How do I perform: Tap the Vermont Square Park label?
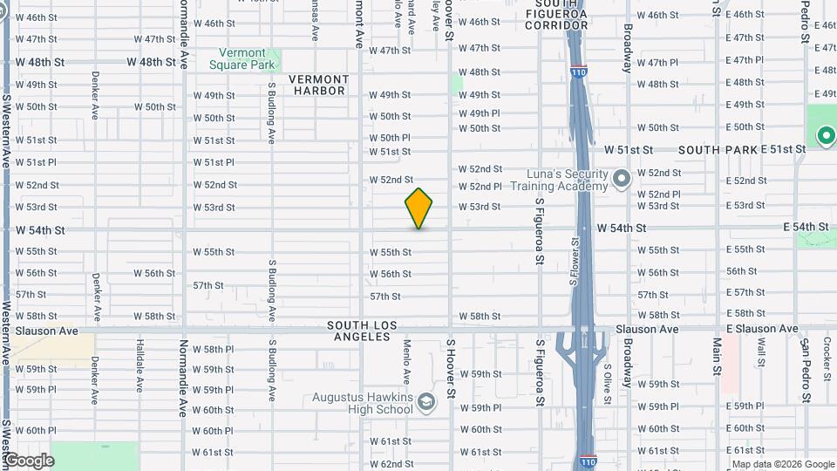pyautogui.click(x=248, y=58)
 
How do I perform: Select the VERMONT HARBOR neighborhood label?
pyautogui.click(x=320, y=85)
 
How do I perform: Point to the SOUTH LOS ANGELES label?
pyautogui.click(x=362, y=331)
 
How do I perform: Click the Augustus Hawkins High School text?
pyautogui.click(x=363, y=402)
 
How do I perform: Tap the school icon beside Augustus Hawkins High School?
pyautogui.click(x=425, y=402)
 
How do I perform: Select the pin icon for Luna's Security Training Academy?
pyautogui.click(x=621, y=180)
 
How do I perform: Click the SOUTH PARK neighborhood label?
pyautogui.click(x=718, y=150)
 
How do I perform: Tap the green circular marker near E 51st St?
pyautogui.click(x=825, y=136)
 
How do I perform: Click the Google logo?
pyautogui.click(x=28, y=460)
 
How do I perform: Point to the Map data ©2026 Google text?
pyautogui.click(x=783, y=464)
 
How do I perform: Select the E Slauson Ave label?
pyautogui.click(x=761, y=329)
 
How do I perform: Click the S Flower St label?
pyautogui.click(x=574, y=262)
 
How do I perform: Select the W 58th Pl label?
pyautogui.click(x=213, y=349)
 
